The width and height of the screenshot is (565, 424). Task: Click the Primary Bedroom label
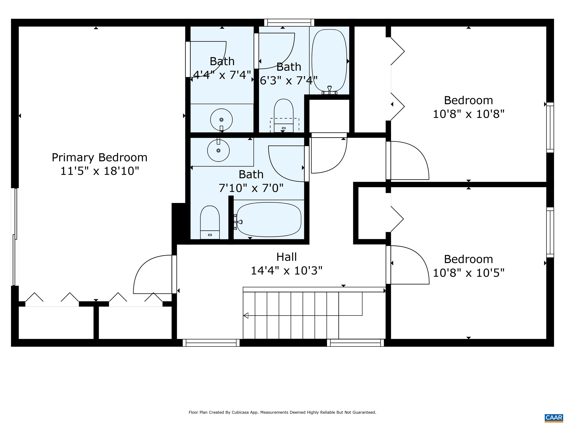[100, 157]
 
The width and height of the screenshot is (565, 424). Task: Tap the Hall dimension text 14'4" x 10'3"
[287, 270]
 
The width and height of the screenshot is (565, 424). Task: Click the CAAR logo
[554, 418]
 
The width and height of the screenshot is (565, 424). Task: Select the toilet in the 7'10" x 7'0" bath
[210, 222]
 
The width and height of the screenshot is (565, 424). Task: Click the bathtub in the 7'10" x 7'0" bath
[269, 220]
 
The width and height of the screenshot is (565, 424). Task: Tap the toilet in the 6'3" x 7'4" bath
[284, 116]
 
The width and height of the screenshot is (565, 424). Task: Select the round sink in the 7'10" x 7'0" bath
[218, 151]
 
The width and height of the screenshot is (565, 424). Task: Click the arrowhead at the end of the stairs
[246, 315]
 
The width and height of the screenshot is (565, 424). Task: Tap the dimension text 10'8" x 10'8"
[469, 114]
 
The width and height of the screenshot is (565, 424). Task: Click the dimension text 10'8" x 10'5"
[469, 273]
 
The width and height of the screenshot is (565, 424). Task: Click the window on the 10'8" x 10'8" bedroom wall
[550, 128]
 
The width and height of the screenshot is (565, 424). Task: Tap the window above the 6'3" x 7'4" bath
[289, 22]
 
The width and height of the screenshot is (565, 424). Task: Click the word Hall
[287, 257]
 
